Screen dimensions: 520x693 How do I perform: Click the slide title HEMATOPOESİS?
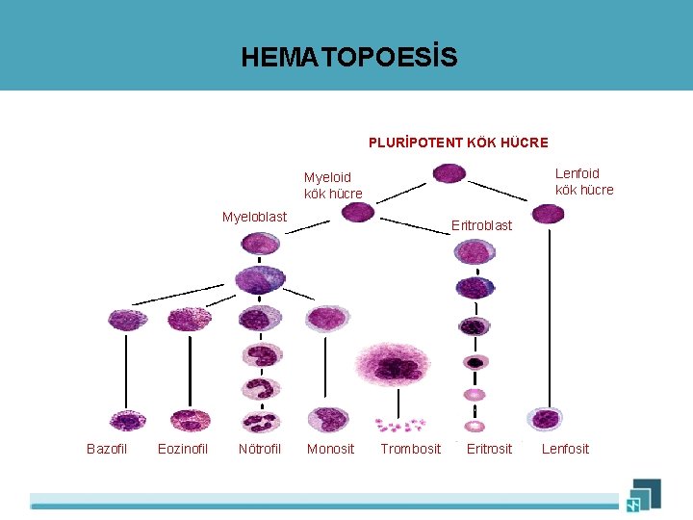point(349,58)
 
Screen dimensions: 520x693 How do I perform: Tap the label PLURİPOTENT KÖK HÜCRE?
point(458,143)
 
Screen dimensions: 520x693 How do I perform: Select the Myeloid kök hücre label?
point(333,185)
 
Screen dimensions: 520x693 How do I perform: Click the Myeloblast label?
point(254,217)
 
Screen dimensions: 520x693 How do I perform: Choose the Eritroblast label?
point(482,225)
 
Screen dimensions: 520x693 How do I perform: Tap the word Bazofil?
point(107,449)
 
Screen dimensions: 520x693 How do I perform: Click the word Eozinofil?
point(183,449)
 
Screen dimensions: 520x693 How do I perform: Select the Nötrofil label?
point(260,449)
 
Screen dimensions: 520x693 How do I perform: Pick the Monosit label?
point(330,449)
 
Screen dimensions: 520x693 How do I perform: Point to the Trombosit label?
point(411,449)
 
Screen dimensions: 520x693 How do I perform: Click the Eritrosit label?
point(489,449)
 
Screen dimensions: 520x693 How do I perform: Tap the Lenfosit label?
point(565,449)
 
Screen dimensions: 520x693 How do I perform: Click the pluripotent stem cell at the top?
point(449,173)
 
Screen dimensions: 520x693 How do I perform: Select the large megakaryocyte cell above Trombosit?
point(396,367)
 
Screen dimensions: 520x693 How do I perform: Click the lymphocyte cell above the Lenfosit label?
point(545,419)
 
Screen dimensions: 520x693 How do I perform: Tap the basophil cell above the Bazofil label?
point(126,420)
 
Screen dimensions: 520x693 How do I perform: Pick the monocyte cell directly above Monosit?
point(328,419)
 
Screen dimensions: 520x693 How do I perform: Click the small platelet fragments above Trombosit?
point(399,424)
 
